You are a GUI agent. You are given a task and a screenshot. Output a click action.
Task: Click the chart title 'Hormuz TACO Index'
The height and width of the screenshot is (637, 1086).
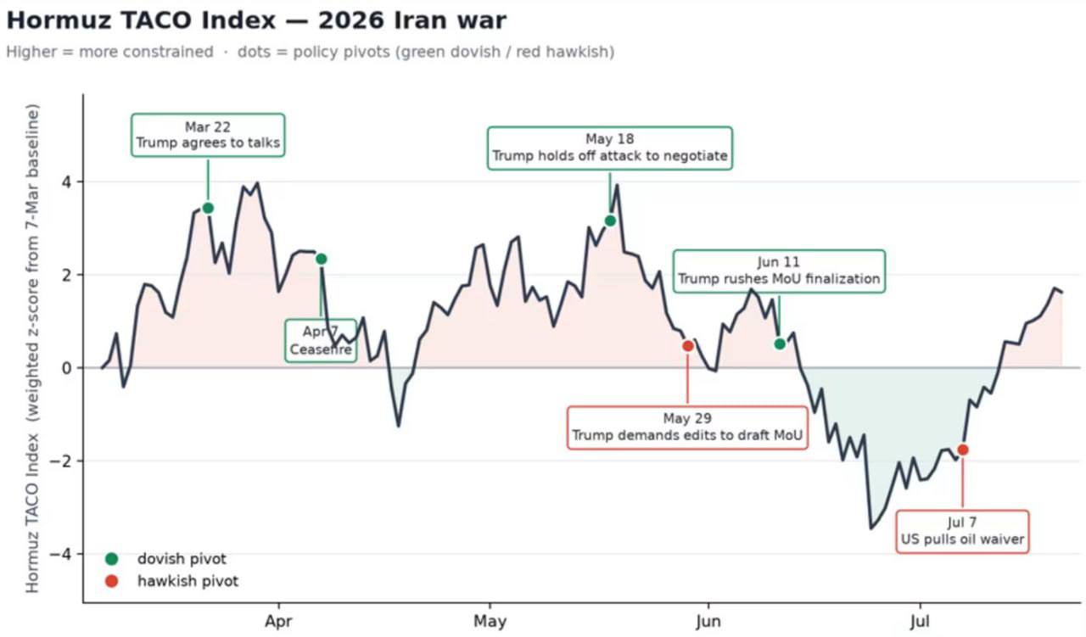tap(142, 21)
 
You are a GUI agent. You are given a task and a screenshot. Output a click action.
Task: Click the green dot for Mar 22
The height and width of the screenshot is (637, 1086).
tap(208, 209)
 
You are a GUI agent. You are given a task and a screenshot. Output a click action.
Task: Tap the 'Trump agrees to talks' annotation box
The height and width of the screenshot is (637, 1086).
tap(208, 135)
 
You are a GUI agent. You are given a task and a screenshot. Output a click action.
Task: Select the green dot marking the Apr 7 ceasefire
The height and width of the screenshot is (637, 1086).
tap(322, 260)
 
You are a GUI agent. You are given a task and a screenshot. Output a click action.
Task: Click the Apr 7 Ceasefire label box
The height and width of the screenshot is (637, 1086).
tap(321, 341)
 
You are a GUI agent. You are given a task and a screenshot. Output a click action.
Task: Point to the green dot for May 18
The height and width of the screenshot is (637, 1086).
tap(610, 221)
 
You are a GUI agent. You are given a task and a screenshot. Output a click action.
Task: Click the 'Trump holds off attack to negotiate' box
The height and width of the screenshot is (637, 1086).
tap(610, 148)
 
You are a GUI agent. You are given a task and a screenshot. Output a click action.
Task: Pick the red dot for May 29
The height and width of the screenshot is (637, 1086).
tap(688, 346)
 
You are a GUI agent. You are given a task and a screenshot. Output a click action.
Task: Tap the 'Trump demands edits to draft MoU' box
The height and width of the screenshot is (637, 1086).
tap(687, 427)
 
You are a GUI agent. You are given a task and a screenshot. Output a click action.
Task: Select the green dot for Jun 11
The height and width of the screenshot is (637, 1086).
tap(780, 344)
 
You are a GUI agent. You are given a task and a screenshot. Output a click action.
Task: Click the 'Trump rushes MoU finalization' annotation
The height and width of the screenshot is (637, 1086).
tap(779, 271)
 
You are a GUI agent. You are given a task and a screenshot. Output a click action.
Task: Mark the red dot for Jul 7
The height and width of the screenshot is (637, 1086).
tap(963, 450)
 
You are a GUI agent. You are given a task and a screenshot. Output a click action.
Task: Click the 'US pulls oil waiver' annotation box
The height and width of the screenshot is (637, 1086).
tap(962, 531)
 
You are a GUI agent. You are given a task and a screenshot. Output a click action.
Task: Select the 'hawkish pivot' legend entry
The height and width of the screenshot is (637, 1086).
tap(171, 581)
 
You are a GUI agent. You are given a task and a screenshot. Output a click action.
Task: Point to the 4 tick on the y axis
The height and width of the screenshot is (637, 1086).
tap(66, 182)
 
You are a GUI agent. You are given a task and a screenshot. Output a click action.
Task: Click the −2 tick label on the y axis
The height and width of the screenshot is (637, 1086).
tap(60, 461)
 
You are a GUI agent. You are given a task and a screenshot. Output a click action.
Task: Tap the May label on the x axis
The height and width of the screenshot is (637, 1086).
tap(490, 621)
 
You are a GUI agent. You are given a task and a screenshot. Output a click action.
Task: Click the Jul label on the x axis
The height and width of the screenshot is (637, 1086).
tap(920, 621)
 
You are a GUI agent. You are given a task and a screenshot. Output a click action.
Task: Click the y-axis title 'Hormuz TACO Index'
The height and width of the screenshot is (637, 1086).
tap(32, 513)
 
